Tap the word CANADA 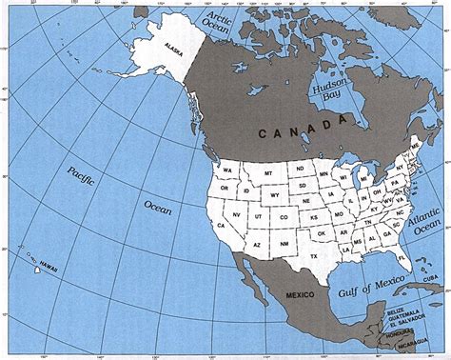(304, 128)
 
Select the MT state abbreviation (269, 171)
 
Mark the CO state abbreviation (282, 218)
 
